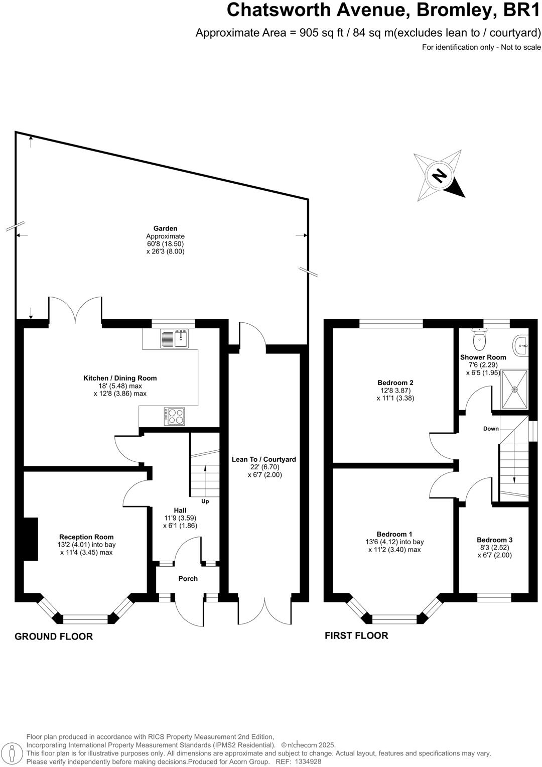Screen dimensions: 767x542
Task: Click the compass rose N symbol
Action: (x=439, y=176)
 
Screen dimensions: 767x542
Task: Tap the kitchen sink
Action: (x=174, y=338)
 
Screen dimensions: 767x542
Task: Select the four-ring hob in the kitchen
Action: (x=174, y=415)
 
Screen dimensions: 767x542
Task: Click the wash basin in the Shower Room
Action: (x=521, y=344)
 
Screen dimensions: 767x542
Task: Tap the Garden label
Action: (x=165, y=228)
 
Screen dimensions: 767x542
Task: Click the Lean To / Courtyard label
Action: (x=264, y=459)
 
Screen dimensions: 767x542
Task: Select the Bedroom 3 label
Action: (x=494, y=540)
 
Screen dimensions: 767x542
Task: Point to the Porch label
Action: (x=188, y=579)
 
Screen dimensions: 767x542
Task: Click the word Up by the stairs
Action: (x=205, y=501)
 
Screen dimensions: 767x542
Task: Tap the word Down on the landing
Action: (x=491, y=429)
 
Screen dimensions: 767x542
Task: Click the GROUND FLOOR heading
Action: (x=54, y=636)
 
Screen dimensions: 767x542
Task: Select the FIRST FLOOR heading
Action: (x=356, y=635)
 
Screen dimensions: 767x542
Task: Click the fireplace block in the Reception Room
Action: (x=31, y=539)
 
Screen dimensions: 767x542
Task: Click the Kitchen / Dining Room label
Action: (x=120, y=378)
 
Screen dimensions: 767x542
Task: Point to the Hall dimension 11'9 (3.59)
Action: (x=180, y=518)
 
